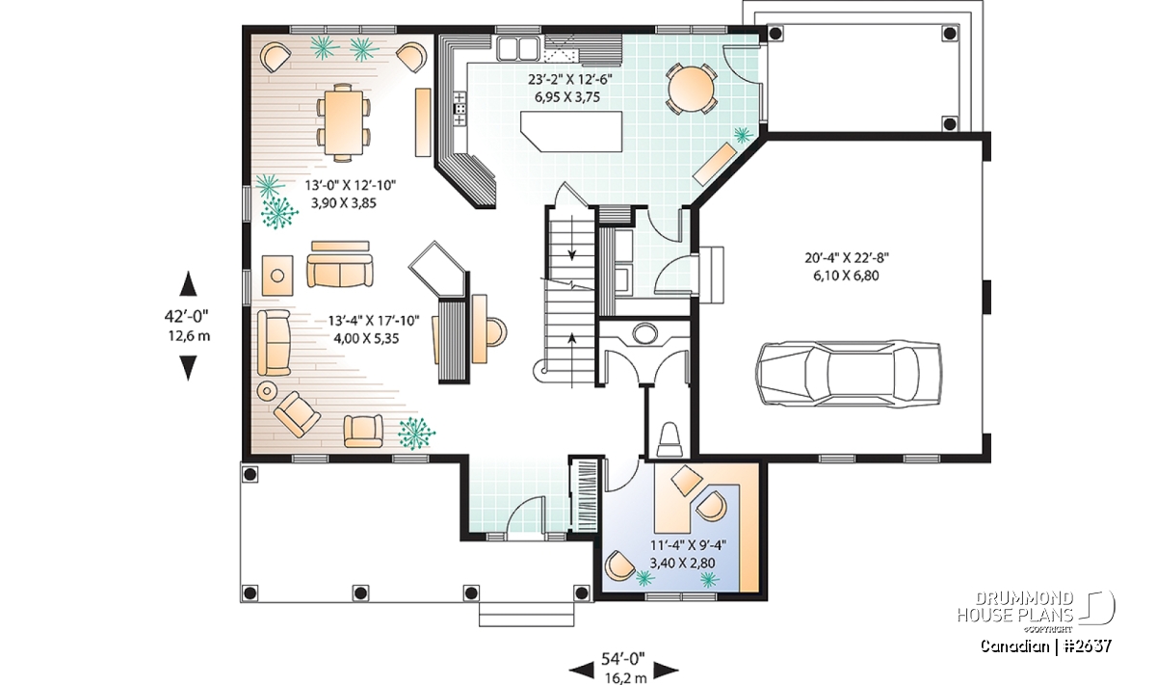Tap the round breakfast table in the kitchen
pyautogui.click(x=691, y=89)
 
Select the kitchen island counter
pyautogui.click(x=570, y=131)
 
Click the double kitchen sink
pyautogui.click(x=519, y=48)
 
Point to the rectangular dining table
pyautogui.click(x=342, y=121)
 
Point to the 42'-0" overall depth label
pyautogui.click(x=186, y=315)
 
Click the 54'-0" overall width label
pyautogui.click(x=623, y=659)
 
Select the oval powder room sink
pyautogui.click(x=645, y=332)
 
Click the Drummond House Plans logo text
pyautogui.click(x=1015, y=607)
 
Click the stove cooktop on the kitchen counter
pyautogui.click(x=460, y=109)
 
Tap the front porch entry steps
pyautogui.click(x=526, y=615)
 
